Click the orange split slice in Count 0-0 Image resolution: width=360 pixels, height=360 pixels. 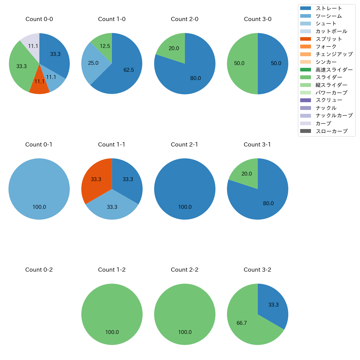39,84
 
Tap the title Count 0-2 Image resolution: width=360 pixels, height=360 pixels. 39,270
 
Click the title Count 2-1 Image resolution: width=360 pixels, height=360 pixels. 184,145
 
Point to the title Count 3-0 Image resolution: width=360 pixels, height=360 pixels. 258,19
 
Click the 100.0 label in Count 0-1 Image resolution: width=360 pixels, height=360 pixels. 39,207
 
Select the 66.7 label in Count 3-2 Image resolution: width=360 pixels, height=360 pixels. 241,323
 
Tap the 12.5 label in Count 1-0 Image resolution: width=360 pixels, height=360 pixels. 105,46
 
